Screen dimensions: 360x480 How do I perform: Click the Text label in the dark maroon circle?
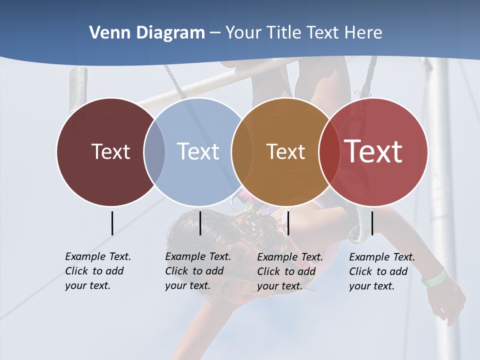110,151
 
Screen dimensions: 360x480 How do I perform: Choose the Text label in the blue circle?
198,151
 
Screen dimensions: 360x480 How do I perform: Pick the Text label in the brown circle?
285,151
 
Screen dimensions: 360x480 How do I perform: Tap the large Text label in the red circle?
373,151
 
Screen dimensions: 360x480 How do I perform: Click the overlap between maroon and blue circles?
154,152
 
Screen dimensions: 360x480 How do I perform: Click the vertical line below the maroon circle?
112,223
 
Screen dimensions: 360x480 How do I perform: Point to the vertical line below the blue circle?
200,223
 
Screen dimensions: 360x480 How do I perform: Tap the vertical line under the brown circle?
288,223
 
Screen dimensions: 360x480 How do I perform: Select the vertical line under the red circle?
372,223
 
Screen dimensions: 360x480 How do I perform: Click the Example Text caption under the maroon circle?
98,271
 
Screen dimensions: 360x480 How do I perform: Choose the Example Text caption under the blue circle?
198,271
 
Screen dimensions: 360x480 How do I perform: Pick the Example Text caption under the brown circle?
290,271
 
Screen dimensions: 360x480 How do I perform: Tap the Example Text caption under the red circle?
382,271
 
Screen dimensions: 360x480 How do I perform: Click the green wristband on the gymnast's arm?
434,277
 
